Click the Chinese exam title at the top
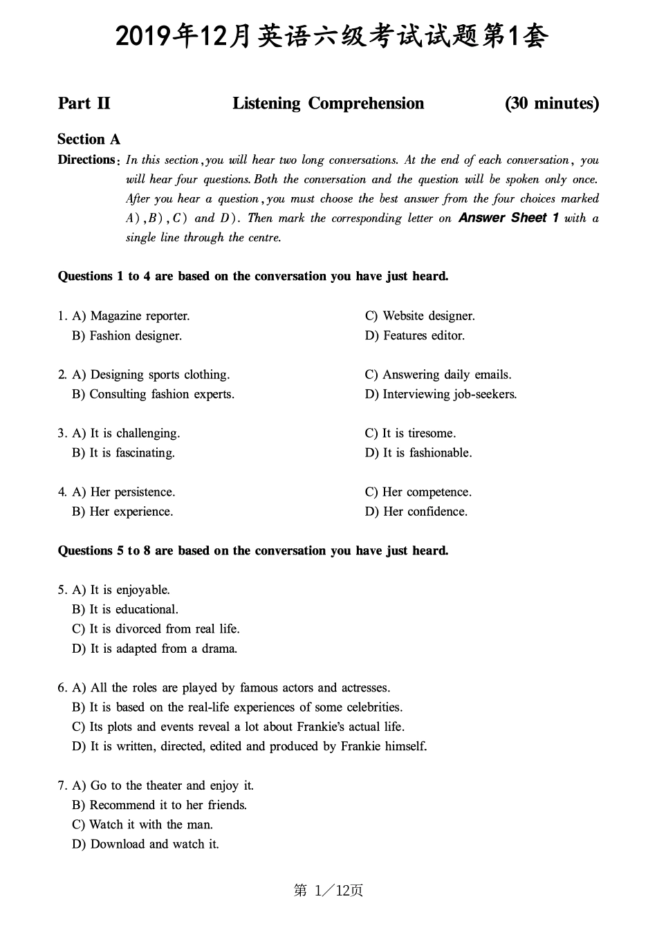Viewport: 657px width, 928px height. click(x=331, y=36)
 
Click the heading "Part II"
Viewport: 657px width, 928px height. click(x=84, y=104)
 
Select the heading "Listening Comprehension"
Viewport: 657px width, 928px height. click(x=328, y=104)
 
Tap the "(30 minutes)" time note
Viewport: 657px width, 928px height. click(x=552, y=104)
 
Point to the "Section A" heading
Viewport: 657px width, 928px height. click(x=89, y=140)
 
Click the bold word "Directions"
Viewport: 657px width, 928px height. click(x=86, y=160)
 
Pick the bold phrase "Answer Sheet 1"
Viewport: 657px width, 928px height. click(x=508, y=218)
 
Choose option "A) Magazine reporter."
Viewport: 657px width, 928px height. click(x=131, y=316)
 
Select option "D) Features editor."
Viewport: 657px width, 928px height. click(x=415, y=335)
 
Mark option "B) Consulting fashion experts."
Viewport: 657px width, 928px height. click(x=153, y=394)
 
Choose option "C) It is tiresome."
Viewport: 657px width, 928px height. click(x=410, y=434)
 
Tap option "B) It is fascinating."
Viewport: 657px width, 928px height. click(x=123, y=453)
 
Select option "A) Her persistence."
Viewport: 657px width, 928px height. click(x=124, y=492)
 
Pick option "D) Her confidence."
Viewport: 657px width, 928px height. click(x=416, y=512)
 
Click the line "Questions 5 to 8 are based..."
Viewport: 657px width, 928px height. click(x=253, y=551)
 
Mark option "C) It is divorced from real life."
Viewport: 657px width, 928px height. click(x=156, y=629)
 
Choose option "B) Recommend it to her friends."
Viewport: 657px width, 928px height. click(x=159, y=805)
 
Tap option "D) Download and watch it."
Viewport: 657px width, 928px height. click(x=145, y=844)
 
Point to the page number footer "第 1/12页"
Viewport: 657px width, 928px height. click(x=328, y=891)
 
